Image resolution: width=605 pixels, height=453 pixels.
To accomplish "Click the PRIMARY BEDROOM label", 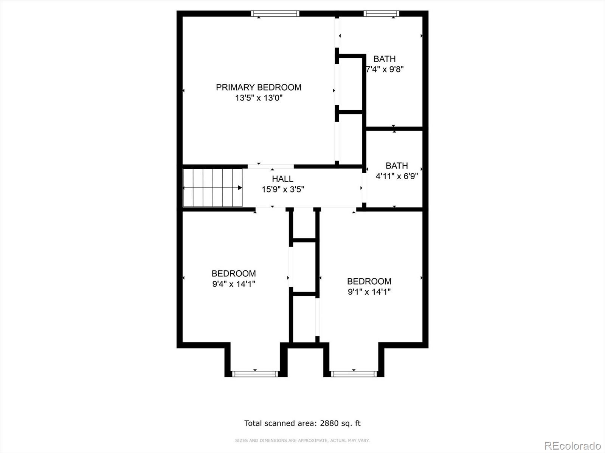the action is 259,88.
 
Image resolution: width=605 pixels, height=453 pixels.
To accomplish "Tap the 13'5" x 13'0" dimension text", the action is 259,98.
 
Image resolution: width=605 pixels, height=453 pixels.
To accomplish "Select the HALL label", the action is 282,179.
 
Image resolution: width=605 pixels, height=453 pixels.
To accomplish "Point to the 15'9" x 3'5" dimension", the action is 283,190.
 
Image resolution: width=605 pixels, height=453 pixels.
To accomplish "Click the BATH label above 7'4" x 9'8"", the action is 385,59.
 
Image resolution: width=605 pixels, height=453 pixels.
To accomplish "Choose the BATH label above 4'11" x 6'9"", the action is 397,166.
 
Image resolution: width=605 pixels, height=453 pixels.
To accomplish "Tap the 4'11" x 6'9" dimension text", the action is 397,176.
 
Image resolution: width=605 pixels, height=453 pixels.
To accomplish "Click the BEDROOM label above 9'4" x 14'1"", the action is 234,273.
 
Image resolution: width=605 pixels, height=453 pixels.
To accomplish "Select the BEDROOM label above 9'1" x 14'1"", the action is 369,281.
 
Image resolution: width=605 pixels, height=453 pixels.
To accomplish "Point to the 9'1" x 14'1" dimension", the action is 369,292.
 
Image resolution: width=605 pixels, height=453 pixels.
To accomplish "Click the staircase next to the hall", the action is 213,188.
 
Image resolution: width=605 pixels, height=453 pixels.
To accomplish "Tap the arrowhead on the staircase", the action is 240,188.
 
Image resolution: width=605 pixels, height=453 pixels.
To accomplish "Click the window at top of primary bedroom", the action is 275,14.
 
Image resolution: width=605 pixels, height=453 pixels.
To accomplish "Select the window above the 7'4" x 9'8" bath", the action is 381,14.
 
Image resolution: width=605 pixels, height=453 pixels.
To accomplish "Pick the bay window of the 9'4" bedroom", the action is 255,374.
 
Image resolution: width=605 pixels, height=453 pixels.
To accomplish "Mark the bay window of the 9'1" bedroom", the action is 354,374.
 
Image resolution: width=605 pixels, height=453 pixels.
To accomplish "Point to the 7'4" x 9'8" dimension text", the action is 385,69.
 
